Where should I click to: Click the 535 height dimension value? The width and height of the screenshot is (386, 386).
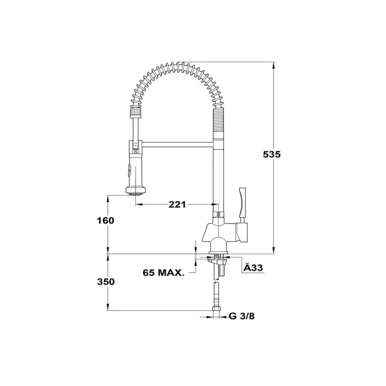[272, 154]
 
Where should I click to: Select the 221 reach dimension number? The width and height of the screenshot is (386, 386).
[177, 204]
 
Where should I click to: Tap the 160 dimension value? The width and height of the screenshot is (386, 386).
[105, 221]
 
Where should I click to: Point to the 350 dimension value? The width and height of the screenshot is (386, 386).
[106, 282]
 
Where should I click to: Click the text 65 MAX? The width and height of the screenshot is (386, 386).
[164, 273]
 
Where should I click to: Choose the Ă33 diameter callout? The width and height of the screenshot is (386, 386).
[253, 268]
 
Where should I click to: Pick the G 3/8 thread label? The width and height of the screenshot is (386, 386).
[242, 316]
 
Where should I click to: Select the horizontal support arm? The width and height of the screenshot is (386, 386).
[178, 144]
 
